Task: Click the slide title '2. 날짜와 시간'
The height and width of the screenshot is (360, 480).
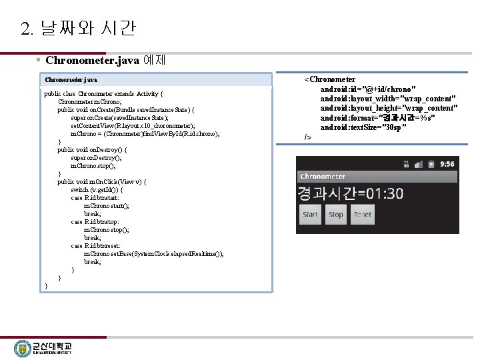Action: [x=78, y=29]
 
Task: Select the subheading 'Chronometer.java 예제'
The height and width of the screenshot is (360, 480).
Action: [x=105, y=61]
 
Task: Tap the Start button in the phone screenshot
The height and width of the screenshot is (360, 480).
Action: [x=311, y=215]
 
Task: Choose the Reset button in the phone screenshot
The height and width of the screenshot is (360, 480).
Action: [x=363, y=215]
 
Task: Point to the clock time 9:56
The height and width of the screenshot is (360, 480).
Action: [x=447, y=164]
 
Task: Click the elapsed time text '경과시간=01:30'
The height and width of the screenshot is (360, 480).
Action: [x=351, y=193]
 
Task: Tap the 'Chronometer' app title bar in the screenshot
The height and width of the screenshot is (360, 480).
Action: [x=323, y=177]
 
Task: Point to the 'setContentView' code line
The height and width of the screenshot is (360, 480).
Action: [x=133, y=126]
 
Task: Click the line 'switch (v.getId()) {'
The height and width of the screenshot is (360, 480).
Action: [x=106, y=190]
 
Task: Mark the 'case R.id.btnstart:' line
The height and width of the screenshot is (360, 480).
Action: [x=97, y=198]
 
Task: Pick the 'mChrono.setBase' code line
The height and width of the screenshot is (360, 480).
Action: [x=153, y=254]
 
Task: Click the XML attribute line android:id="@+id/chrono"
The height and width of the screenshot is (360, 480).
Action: [x=368, y=89]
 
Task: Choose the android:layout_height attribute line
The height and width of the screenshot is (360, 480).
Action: [x=389, y=108]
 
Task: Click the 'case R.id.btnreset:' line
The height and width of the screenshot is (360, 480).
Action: [x=98, y=246]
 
